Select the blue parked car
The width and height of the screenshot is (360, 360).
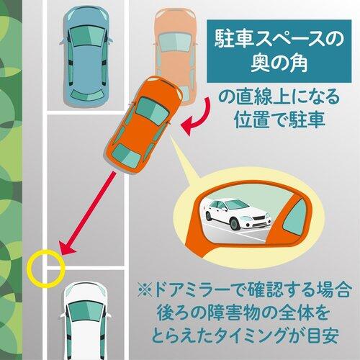coord(86,55)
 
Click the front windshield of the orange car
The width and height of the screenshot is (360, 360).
coord(153,111)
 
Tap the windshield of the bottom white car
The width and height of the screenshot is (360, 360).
coord(86,312)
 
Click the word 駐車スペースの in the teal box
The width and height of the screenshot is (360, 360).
coord(279,38)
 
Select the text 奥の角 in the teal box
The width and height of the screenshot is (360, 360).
coord(279,63)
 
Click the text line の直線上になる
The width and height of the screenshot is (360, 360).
coord(279,97)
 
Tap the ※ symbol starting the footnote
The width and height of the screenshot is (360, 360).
coord(145,290)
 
